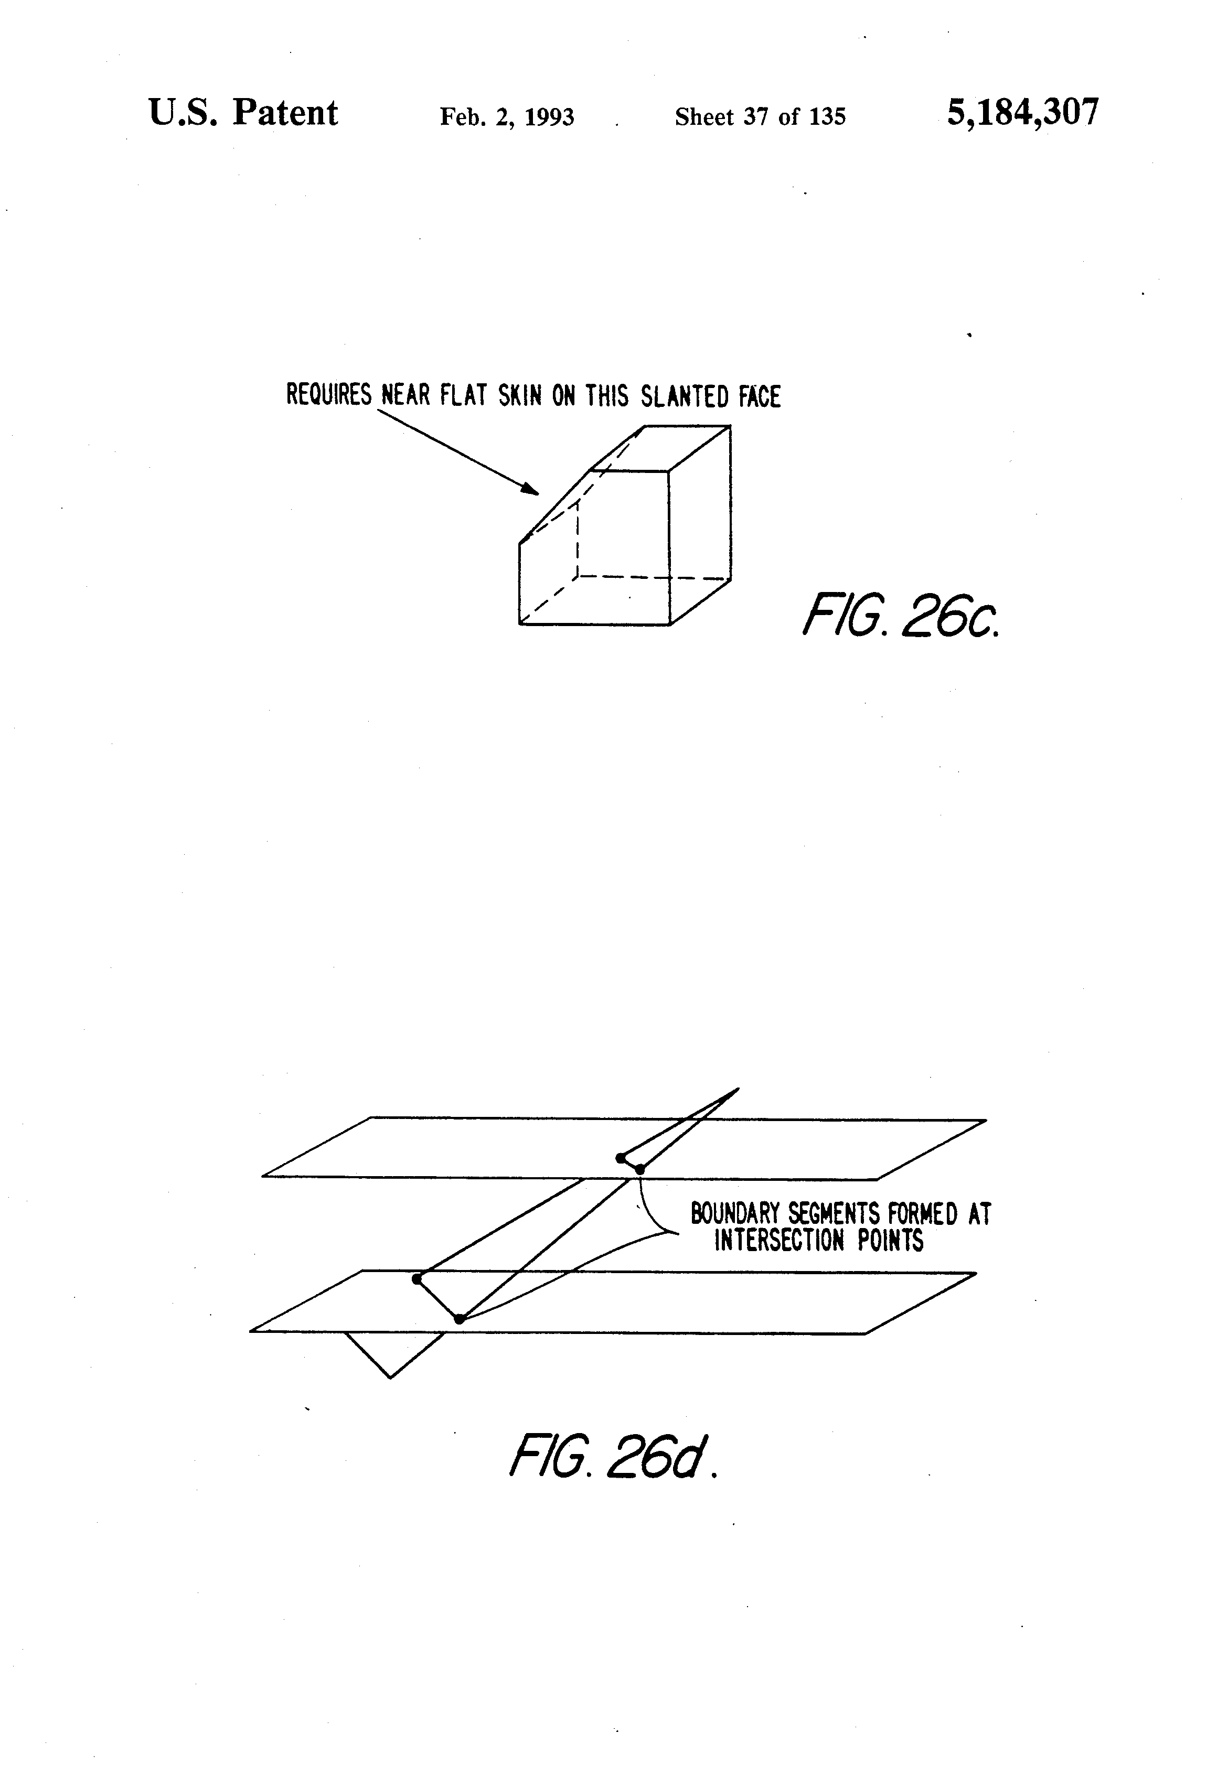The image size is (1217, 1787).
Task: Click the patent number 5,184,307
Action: (x=1022, y=113)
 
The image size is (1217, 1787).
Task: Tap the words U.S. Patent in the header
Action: (x=243, y=113)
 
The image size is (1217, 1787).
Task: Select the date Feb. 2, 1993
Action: (x=507, y=117)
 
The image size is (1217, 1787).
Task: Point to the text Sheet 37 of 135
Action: (x=760, y=117)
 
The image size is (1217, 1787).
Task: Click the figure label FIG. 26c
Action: (x=901, y=615)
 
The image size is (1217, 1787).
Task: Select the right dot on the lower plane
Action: (x=459, y=1319)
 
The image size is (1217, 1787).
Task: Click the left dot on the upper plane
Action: (x=621, y=1157)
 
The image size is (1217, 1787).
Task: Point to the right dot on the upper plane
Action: (x=639, y=1169)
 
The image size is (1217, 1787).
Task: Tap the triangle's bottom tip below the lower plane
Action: (x=390, y=1376)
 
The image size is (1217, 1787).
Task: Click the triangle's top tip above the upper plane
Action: (x=737, y=1089)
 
